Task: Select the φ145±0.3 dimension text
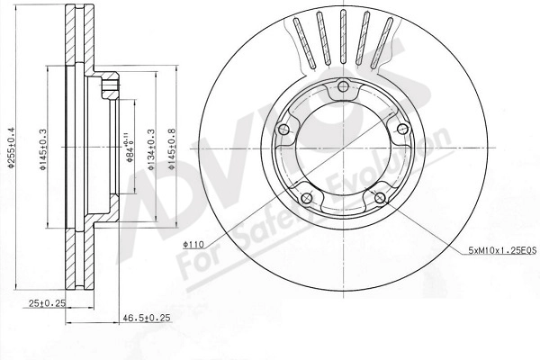click(x=42, y=152)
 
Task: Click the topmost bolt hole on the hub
click(x=343, y=88)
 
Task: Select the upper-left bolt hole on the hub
click(x=286, y=130)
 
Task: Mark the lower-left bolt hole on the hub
click(x=308, y=197)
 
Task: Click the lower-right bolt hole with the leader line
click(x=379, y=197)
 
